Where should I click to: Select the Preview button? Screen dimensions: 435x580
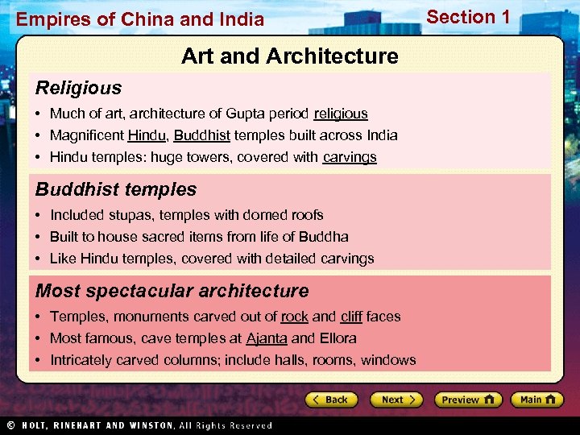click(468, 400)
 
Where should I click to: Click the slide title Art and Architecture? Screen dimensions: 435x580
click(290, 56)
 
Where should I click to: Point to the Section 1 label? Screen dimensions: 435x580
click(468, 17)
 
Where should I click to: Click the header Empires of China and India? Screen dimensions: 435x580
click(140, 19)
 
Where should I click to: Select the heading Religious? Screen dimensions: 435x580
click(78, 88)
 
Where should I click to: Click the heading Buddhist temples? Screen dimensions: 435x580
click(116, 189)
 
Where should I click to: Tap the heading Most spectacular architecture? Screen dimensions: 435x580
click(172, 291)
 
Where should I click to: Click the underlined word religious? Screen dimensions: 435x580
click(341, 114)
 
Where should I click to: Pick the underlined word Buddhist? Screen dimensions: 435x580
click(201, 135)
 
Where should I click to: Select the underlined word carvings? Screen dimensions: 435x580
click(350, 157)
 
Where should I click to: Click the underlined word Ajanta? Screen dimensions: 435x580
click(267, 338)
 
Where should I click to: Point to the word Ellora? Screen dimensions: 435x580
click(338, 338)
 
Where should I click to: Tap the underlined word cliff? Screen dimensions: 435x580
click(351, 317)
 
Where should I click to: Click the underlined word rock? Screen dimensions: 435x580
click(295, 317)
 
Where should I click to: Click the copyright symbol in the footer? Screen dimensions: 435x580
click(10, 425)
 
